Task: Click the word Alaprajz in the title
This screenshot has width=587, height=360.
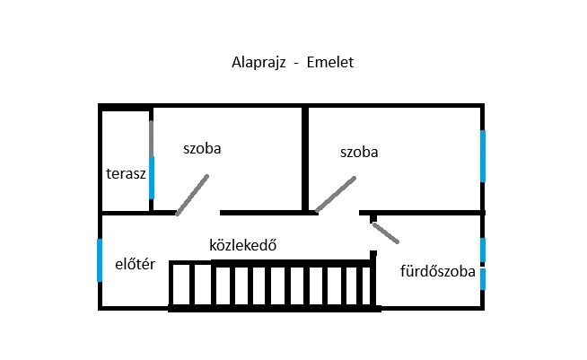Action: pos(258,63)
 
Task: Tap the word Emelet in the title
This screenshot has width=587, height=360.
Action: pos(329,62)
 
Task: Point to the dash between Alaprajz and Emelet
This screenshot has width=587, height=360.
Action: pos(296,64)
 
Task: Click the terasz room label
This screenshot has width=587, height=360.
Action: pos(126,174)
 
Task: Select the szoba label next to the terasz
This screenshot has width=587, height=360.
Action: pos(202,148)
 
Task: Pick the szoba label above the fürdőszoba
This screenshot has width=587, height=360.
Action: pos(359,152)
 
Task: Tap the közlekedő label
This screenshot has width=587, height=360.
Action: pos(243,245)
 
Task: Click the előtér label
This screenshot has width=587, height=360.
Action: pos(136,264)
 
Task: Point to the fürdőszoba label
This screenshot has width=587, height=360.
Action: pos(438,271)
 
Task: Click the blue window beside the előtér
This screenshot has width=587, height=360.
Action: pos(100,260)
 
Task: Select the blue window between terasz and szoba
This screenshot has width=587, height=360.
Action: pos(152,178)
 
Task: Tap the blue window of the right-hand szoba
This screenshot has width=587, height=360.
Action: pos(483,156)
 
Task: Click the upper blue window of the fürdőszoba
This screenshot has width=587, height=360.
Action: pos(483,250)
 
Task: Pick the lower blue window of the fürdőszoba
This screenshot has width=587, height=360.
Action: pos(483,279)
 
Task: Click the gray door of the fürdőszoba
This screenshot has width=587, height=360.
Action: pos(386,233)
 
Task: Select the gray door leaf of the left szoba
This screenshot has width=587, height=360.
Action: pos(192,195)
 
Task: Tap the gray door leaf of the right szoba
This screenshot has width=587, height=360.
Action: pos(336,195)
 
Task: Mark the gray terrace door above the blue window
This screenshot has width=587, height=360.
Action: pos(152,138)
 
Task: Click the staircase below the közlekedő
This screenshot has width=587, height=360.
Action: pos(273,285)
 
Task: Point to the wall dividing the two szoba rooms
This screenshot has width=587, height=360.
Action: pos(305,160)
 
